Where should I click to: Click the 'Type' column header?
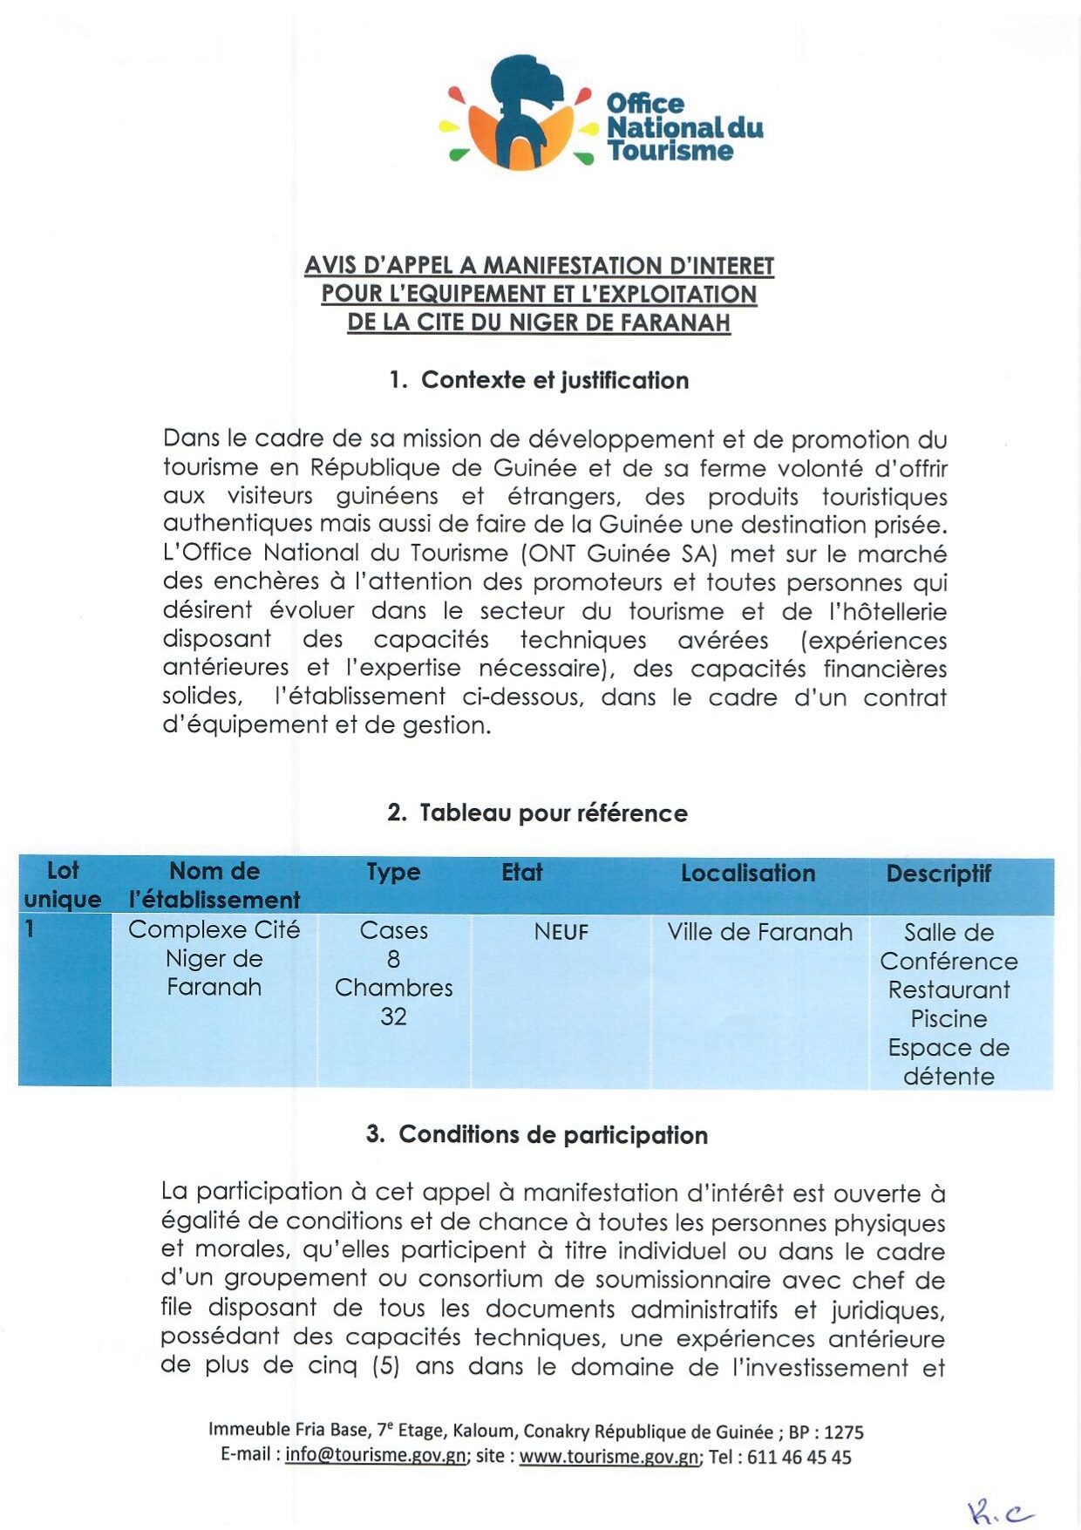(393, 873)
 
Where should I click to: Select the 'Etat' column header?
(521, 873)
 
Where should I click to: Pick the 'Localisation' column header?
(747, 874)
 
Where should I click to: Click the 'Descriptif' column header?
(938, 874)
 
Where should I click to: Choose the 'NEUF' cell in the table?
(561, 932)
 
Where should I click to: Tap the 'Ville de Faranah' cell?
(759, 932)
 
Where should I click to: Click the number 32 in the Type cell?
(393, 1017)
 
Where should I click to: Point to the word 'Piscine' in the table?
(948, 1018)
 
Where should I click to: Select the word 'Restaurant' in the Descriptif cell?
(948, 990)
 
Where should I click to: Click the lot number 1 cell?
(31, 929)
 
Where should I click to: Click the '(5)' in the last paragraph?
(385, 1365)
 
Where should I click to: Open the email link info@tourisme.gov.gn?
(375, 1457)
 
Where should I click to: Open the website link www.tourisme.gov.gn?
(609, 1457)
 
